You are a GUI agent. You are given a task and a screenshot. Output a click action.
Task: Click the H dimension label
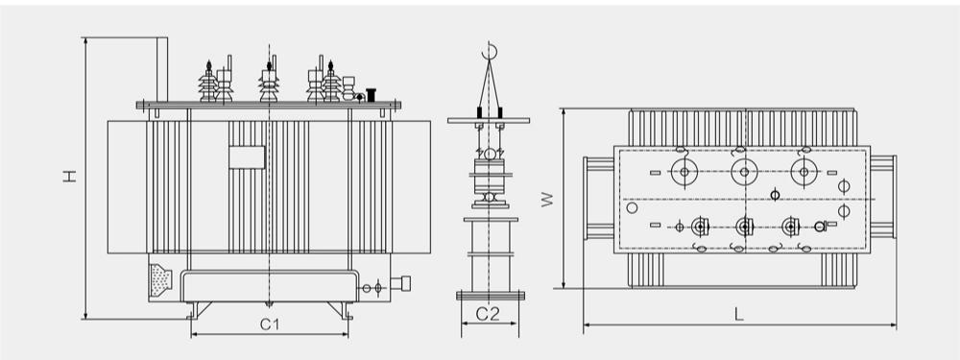(70, 176)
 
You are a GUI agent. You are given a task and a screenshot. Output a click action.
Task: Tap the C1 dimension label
(270, 324)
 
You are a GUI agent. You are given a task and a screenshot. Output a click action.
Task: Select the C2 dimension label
(488, 314)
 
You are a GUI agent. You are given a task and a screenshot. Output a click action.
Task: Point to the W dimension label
(547, 199)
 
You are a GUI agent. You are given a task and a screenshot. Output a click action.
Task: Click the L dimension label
(739, 315)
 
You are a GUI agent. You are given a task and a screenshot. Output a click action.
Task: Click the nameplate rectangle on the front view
(247, 157)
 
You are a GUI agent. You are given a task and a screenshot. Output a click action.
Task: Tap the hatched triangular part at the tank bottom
(160, 280)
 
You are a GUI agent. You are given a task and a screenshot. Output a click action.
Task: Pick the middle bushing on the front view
(269, 82)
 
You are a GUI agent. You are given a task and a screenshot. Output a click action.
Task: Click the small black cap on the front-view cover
(371, 95)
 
